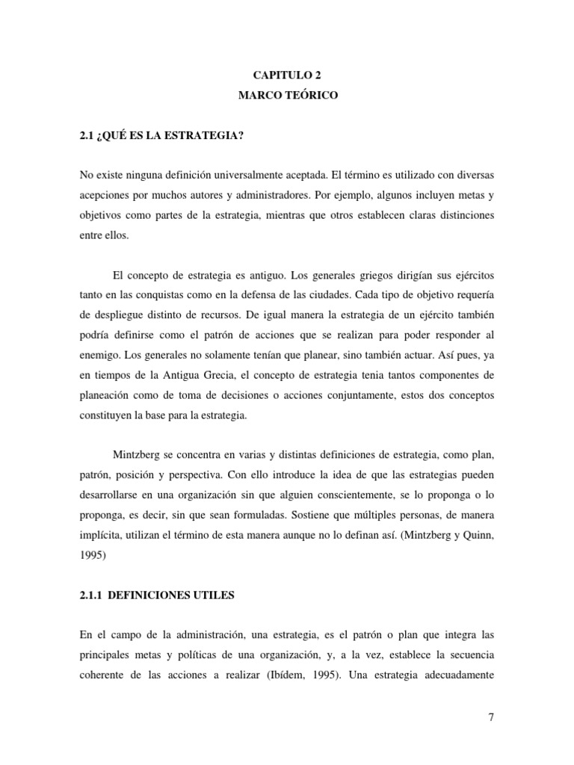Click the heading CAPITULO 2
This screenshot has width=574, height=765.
[x=287, y=75]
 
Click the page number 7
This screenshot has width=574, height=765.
[x=490, y=719]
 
